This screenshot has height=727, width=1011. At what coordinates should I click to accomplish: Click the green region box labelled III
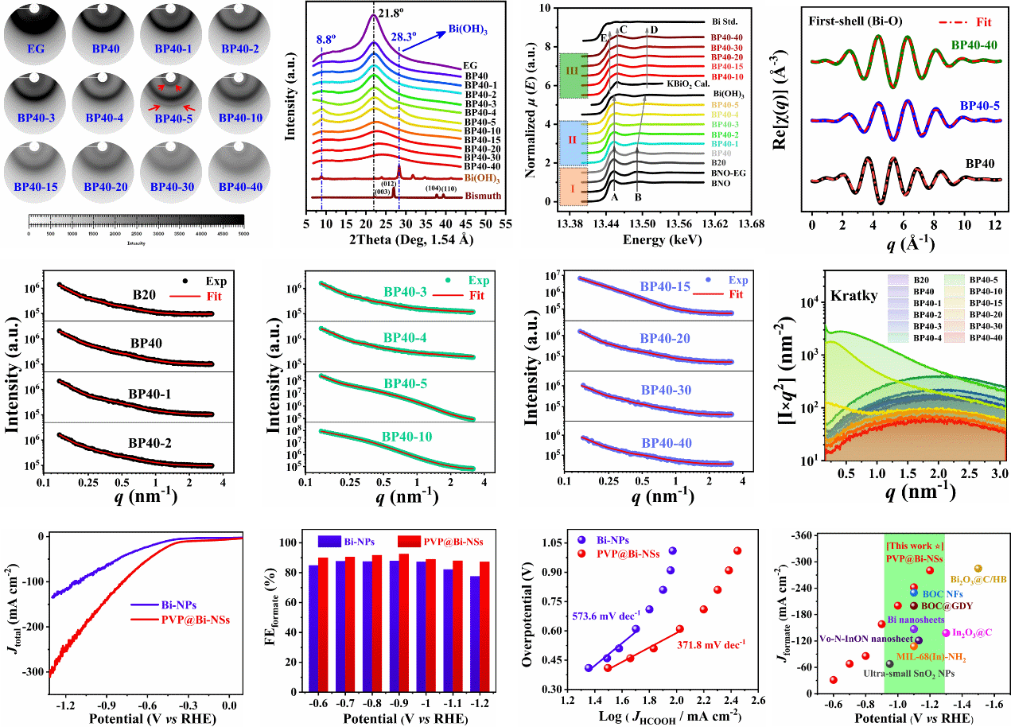(x=572, y=76)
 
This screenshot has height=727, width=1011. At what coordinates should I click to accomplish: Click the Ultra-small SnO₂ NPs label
(x=909, y=673)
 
